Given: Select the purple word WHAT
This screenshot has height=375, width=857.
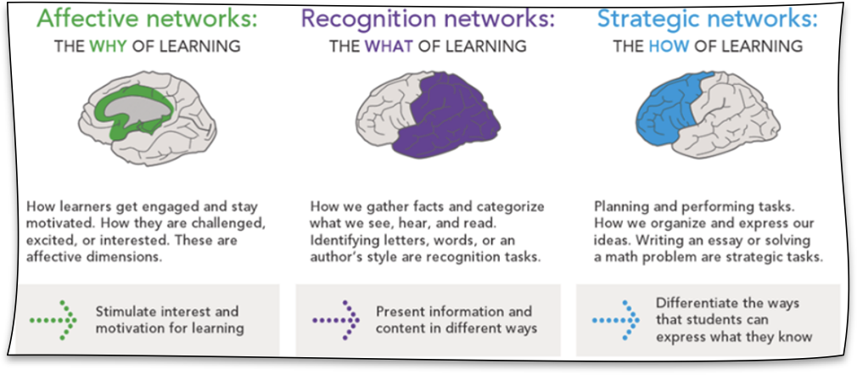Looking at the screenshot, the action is pyautogui.click(x=389, y=46).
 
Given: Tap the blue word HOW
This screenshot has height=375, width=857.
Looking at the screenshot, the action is pyautogui.click(x=669, y=46).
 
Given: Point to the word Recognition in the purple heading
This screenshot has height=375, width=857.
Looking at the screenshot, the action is pyautogui.click(x=368, y=20).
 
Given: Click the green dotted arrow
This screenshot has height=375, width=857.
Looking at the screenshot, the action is pyautogui.click(x=53, y=321).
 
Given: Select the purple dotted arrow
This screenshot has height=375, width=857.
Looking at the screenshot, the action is pyautogui.click(x=335, y=321).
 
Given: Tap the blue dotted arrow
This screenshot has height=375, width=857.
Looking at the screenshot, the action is pyautogui.click(x=615, y=321).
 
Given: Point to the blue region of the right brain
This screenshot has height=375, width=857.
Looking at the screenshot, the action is pyautogui.click(x=669, y=112).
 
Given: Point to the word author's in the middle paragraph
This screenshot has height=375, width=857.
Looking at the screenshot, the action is pyautogui.click(x=334, y=257).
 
